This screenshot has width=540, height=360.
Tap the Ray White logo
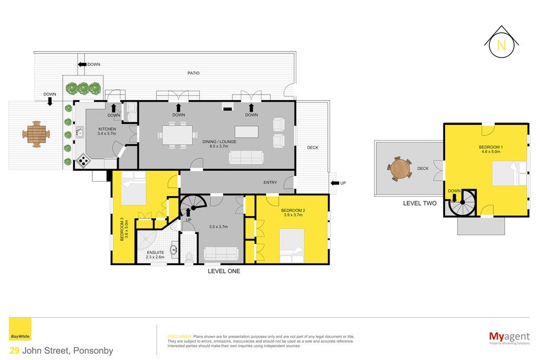[x=20, y=329]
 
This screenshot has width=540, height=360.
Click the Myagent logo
[x=509, y=338]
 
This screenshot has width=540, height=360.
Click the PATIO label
[x=194, y=73]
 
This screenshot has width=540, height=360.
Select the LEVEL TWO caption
[x=420, y=203]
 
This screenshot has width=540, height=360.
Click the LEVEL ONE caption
[x=224, y=271]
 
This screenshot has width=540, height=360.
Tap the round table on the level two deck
[x=400, y=169]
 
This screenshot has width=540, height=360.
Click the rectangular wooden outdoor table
[x=36, y=134]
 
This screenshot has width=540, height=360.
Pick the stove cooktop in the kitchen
[x=83, y=160]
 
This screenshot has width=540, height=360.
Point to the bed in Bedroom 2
[x=292, y=246]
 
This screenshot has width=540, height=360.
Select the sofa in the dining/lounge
[x=246, y=157]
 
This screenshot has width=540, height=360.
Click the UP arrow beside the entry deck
[x=335, y=183]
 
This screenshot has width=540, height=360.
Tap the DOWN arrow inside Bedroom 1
[x=454, y=198]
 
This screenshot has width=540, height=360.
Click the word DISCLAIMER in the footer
[x=179, y=337]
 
